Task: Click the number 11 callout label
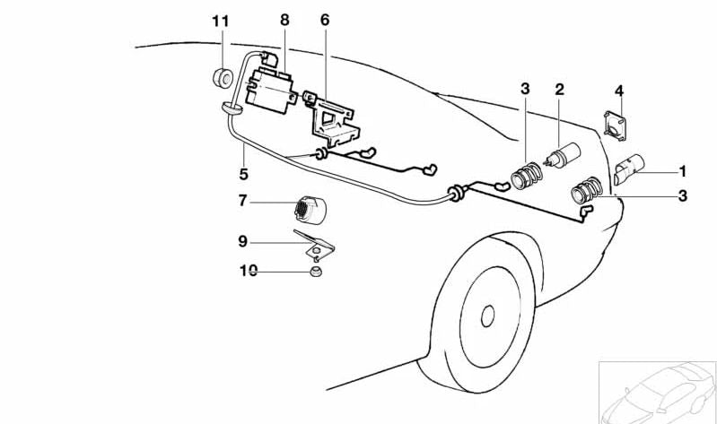221,21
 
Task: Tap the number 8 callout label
284,21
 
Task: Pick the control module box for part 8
268,87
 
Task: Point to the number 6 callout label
324,21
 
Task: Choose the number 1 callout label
682,170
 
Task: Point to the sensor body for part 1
629,169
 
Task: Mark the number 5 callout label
243,174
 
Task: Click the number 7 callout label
242,203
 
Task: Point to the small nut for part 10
315,272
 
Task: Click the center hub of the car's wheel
487,316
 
